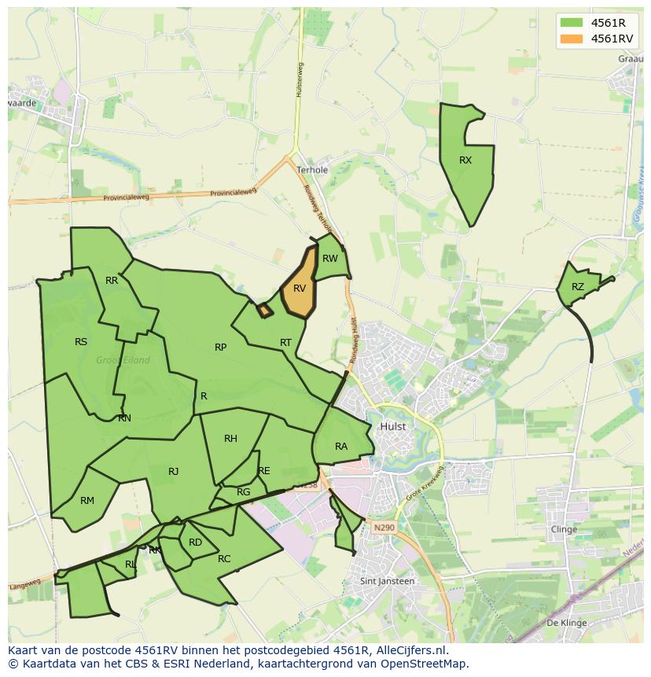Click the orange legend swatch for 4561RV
(x=572, y=39)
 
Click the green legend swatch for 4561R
(x=572, y=23)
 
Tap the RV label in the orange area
(x=299, y=289)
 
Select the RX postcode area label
(x=465, y=160)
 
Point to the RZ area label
(x=578, y=287)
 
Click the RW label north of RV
(x=330, y=259)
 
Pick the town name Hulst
(x=392, y=426)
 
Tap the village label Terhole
(x=312, y=170)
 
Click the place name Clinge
(x=564, y=529)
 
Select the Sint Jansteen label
(x=387, y=581)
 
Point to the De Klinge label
(x=566, y=623)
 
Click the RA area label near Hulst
(x=341, y=447)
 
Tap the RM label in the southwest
(x=87, y=501)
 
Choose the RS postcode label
(x=81, y=342)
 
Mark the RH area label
(x=230, y=439)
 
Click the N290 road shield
(x=384, y=527)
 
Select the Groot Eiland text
(x=123, y=361)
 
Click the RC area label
(x=224, y=559)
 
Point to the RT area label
(x=285, y=343)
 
